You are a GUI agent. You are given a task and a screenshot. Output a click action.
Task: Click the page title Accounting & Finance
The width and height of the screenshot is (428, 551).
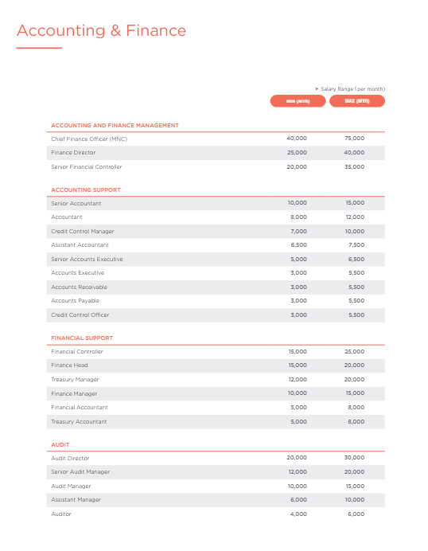(x=101, y=31)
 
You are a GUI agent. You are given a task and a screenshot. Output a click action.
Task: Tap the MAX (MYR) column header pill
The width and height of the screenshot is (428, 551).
(x=356, y=101)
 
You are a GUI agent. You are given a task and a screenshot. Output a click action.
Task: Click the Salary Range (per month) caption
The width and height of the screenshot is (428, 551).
(x=352, y=88)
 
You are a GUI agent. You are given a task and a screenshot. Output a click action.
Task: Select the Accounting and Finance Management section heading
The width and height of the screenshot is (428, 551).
(x=115, y=125)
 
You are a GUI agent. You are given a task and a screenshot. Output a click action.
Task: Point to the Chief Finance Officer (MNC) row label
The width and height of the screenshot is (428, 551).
(x=88, y=139)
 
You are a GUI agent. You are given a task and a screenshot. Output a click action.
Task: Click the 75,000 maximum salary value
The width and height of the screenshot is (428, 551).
(x=355, y=139)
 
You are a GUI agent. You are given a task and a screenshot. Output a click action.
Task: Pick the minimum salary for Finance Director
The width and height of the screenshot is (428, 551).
(x=297, y=153)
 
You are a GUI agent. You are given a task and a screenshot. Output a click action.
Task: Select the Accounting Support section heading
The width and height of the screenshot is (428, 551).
(x=86, y=190)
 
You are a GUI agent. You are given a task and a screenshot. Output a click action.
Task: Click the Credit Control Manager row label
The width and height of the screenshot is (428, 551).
(x=82, y=231)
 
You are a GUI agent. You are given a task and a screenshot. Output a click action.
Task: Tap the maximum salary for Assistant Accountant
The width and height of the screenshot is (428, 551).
(x=356, y=245)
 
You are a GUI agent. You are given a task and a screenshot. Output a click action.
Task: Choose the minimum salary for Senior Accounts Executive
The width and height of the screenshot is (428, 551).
(x=298, y=259)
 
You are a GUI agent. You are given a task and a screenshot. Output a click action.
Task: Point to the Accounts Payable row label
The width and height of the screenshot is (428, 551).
(x=75, y=301)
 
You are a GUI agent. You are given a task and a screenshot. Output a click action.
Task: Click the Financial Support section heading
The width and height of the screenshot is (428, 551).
(x=82, y=338)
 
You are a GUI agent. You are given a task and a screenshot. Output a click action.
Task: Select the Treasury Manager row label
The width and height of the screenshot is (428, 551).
(x=75, y=380)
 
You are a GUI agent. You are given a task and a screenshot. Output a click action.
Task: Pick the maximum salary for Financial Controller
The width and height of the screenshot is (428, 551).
(x=355, y=351)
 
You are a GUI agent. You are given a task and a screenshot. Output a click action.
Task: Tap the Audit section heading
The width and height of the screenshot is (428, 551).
(x=60, y=444)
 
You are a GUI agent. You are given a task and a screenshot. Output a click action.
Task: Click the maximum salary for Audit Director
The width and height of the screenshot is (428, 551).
(x=355, y=458)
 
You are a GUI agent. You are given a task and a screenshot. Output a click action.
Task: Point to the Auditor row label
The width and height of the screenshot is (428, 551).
(x=61, y=514)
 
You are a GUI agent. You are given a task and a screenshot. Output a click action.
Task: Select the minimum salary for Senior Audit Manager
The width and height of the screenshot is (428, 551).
(x=297, y=472)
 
